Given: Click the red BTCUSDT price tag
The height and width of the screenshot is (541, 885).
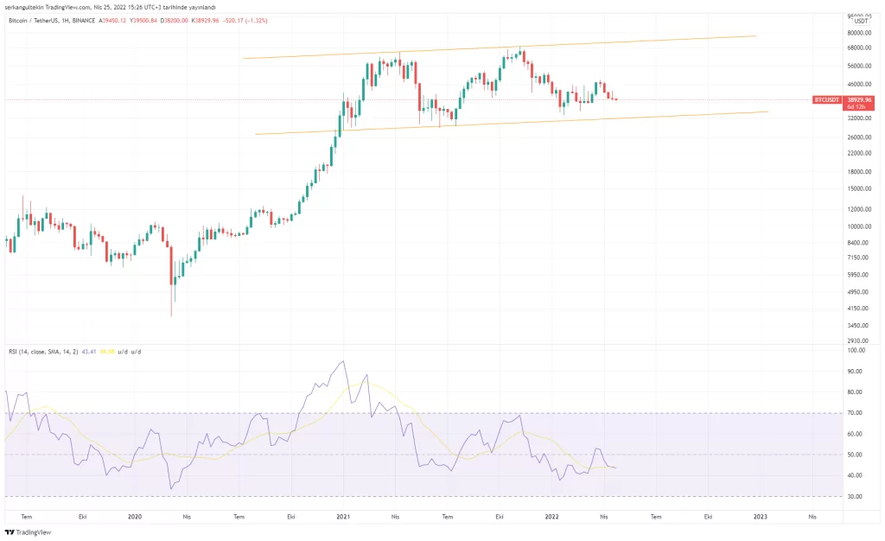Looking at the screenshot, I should tap(826, 100).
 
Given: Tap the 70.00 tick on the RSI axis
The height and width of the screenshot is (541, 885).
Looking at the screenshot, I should tap(855, 413).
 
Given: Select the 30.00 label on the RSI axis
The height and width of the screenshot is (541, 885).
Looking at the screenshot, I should tap(855, 496).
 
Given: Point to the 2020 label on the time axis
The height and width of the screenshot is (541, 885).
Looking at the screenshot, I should tap(135, 516).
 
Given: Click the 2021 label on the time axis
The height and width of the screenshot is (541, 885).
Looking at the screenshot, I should tap(343, 516).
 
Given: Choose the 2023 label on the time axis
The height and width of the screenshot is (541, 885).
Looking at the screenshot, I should tap(760, 516).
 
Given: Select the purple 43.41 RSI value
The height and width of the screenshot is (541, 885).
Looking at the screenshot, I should tap(89, 352).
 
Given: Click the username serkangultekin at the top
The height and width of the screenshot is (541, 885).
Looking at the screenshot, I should tap(26, 6).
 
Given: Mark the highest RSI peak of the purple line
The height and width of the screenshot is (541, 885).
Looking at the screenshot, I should tap(344, 361).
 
